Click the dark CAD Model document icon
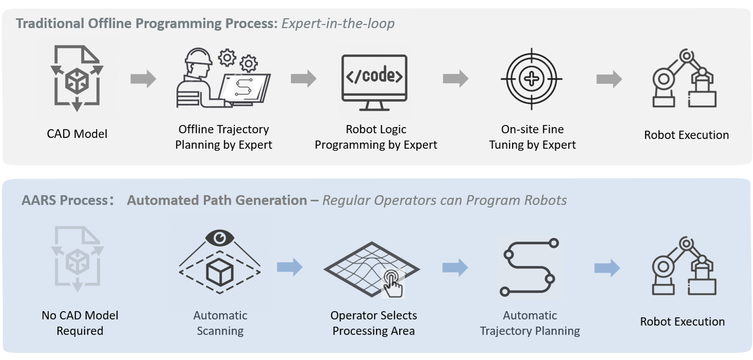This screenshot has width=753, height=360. [x=77, y=78]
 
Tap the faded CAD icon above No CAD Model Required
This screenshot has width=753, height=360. [x=77, y=259]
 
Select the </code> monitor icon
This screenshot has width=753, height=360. [x=374, y=83]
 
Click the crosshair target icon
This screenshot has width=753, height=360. [x=531, y=79]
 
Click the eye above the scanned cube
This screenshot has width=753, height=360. [x=220, y=238]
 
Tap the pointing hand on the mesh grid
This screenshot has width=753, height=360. [x=393, y=284]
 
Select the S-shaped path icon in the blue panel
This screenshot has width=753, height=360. [x=529, y=267]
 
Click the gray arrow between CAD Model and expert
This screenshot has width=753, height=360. [x=144, y=79]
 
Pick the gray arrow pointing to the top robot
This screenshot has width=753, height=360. [x=609, y=79]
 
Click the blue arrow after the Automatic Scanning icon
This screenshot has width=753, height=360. [x=290, y=267]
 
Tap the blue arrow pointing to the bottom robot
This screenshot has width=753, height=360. [x=607, y=268]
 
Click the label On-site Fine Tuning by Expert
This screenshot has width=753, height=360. [x=532, y=137]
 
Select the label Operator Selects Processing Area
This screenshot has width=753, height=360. [x=373, y=323]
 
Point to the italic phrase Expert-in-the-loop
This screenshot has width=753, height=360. [x=338, y=24]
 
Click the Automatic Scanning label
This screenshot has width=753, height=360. [x=220, y=323]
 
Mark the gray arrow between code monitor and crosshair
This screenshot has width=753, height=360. [x=456, y=79]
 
